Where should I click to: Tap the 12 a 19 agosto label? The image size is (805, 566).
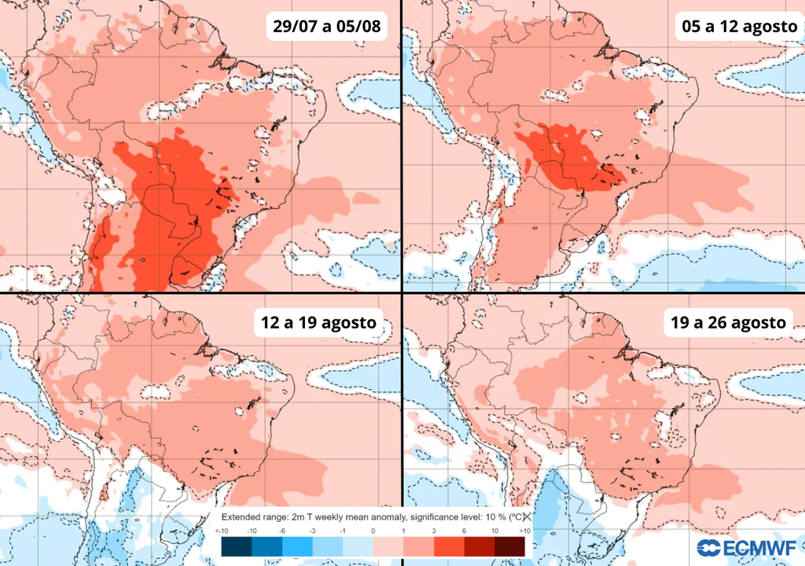[x=318, y=322]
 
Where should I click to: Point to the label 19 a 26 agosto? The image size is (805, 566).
[x=729, y=322]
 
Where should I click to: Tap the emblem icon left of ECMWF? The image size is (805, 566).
[x=707, y=548]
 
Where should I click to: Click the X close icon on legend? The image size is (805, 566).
[x=527, y=516]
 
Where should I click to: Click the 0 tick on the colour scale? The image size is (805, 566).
[x=373, y=532]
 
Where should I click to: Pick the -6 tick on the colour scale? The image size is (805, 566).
[x=283, y=532]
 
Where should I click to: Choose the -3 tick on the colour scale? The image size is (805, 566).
[x=313, y=532]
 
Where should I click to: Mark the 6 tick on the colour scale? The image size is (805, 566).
[x=464, y=532]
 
